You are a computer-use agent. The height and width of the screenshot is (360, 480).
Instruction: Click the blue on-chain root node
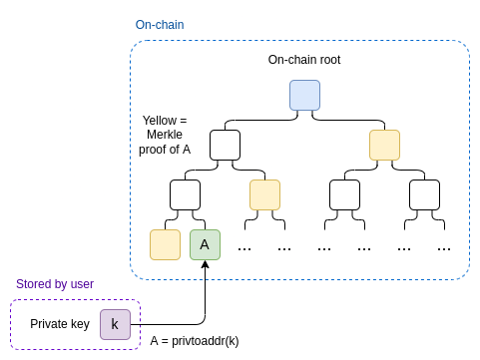tap(304, 95)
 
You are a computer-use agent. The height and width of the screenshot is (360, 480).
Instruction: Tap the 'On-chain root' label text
tap(304, 60)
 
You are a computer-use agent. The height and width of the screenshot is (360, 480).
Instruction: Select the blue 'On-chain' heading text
tap(160, 24)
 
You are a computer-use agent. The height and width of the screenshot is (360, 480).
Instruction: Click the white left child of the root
tap(225, 145)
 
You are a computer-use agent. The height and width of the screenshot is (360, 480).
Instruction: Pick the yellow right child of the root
tap(384, 145)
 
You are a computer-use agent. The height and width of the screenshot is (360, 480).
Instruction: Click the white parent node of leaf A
tap(185, 194)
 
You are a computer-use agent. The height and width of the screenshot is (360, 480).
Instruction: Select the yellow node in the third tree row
tap(264, 194)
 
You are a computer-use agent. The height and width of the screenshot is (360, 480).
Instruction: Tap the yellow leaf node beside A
tap(165, 244)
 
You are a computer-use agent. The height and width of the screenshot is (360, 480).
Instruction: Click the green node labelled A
tap(205, 244)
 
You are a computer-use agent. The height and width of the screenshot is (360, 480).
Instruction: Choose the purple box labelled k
tap(115, 324)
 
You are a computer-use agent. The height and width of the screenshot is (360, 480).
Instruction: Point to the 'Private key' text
tap(59, 324)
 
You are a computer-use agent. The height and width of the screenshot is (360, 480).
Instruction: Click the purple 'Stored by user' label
tap(55, 284)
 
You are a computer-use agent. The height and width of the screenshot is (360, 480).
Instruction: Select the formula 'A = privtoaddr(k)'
tap(195, 341)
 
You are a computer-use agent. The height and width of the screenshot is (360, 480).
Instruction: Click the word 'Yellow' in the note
tap(158, 120)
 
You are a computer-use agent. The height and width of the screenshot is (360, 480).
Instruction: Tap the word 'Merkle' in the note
tap(166, 135)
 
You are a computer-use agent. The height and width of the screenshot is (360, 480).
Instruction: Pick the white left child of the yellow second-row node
tap(344, 194)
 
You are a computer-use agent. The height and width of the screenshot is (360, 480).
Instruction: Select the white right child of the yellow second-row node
tap(424, 194)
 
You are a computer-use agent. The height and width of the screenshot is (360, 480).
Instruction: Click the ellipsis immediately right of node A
tap(244, 247)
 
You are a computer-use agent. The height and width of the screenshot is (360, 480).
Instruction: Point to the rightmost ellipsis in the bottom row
tap(444, 247)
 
